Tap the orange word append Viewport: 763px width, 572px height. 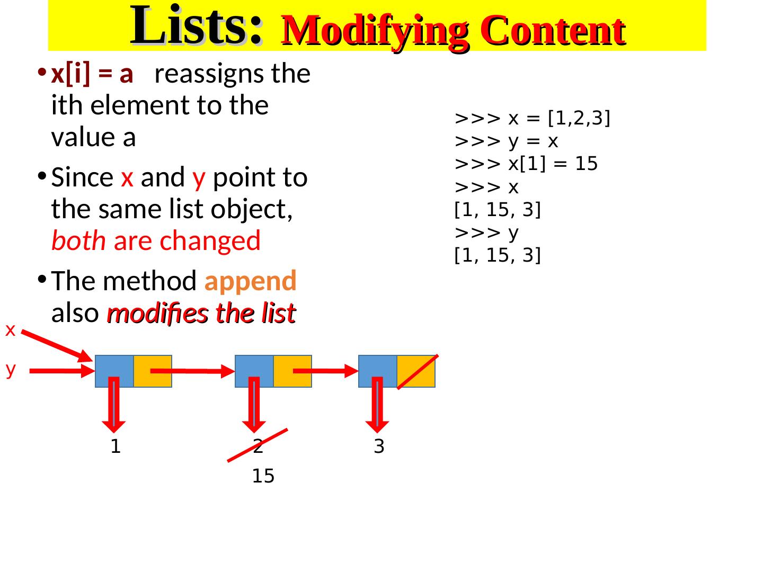click(x=250, y=281)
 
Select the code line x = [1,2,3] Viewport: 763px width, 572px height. click(x=533, y=119)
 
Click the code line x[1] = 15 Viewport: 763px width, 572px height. click(x=526, y=164)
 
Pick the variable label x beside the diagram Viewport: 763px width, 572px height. click(x=10, y=330)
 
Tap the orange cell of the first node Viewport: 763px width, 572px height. click(x=153, y=371)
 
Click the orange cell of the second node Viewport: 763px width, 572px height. click(x=292, y=371)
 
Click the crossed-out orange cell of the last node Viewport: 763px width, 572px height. click(x=416, y=371)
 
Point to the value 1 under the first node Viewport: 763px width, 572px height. click(x=116, y=448)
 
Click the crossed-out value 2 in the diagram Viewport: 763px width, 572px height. click(x=258, y=448)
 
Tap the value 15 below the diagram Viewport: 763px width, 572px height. click(x=263, y=477)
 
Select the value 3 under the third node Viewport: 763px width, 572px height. click(x=379, y=448)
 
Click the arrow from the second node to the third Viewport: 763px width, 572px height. click(x=325, y=371)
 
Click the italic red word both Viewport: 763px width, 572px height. click(x=78, y=242)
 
